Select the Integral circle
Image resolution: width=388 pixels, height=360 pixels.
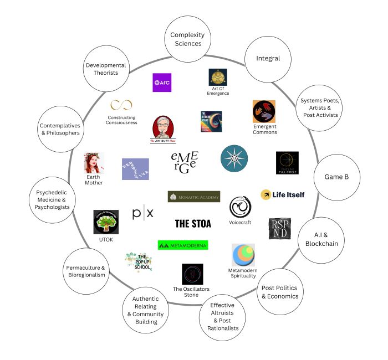[x=268, y=58]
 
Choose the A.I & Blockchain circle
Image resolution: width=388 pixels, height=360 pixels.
[x=320, y=239]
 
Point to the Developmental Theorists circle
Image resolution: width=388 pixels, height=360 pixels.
[x=106, y=69]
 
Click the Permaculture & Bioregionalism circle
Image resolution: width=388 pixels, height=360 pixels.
[x=86, y=271]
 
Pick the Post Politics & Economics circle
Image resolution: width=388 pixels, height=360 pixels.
[x=279, y=291]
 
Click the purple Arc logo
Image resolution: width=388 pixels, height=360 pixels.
[x=162, y=83]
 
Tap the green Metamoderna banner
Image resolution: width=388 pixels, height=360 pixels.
[x=182, y=245]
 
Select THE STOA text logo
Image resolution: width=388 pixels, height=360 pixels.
[x=193, y=224]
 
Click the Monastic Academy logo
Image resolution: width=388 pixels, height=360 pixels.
[x=193, y=197]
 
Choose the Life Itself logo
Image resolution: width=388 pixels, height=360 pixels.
[x=283, y=195]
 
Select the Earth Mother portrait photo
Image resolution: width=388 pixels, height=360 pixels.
[x=94, y=164]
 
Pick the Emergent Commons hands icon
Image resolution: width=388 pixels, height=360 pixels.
[x=264, y=112]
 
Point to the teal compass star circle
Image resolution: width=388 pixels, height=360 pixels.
[x=234, y=159]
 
